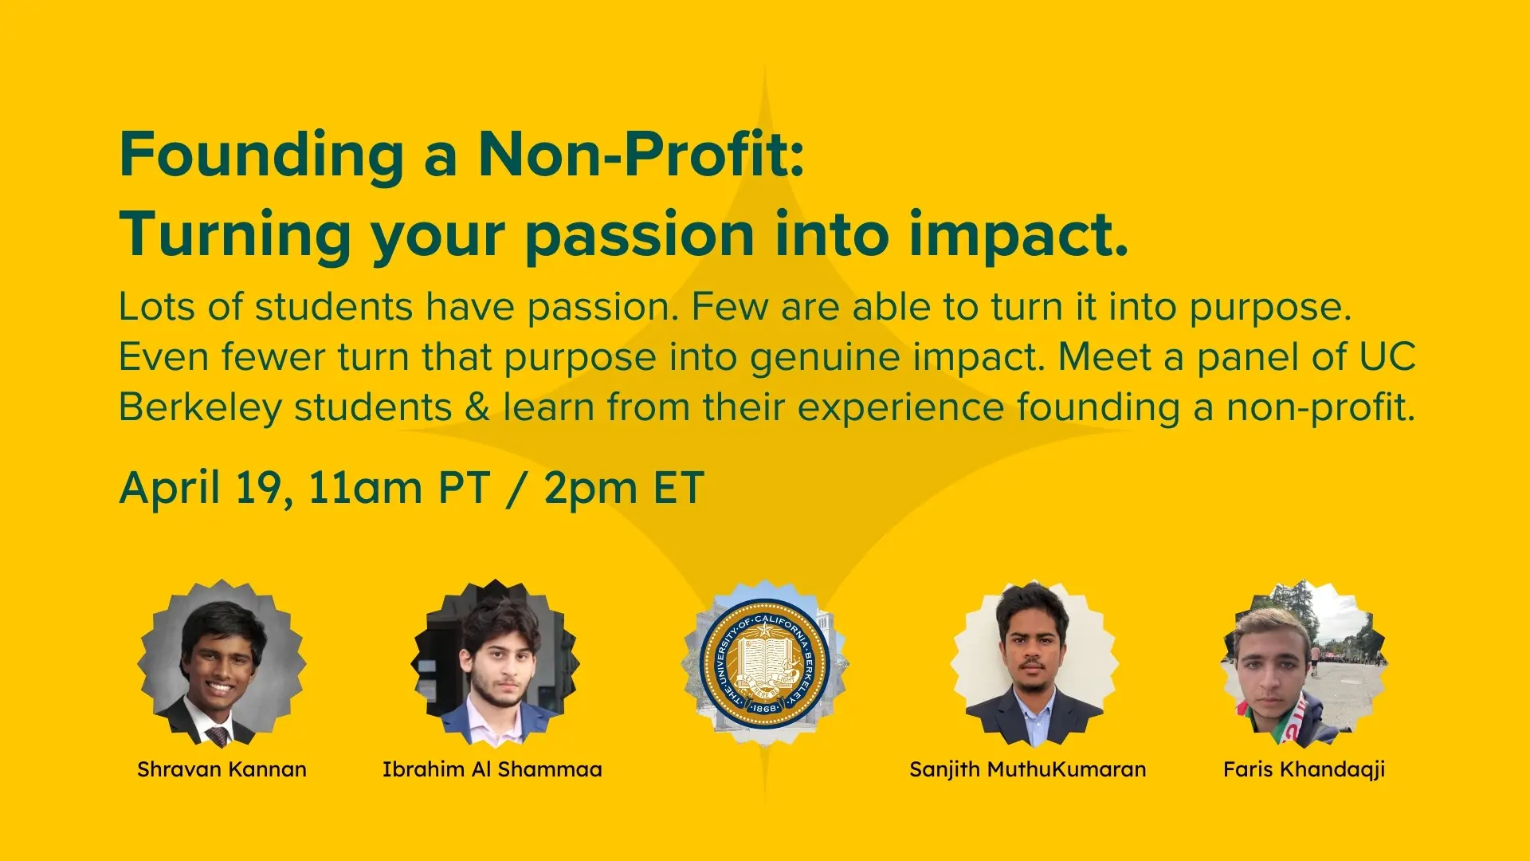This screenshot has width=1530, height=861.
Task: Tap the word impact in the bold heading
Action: (x=1019, y=235)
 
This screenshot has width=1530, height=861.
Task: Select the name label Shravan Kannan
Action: (x=222, y=769)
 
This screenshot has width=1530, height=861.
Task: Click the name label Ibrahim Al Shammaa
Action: (x=492, y=769)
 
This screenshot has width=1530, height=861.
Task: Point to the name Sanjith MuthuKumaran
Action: (x=1028, y=769)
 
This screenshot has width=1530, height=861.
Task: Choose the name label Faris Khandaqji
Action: (x=1304, y=769)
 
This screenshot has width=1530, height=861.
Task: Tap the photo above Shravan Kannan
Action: (x=222, y=663)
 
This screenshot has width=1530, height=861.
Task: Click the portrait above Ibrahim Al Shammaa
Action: (x=495, y=663)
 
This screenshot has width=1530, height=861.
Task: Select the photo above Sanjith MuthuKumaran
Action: (x=1034, y=663)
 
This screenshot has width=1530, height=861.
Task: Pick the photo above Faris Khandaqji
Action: (x=1304, y=663)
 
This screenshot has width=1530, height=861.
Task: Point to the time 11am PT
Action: (x=399, y=488)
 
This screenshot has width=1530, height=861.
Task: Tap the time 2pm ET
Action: (x=624, y=488)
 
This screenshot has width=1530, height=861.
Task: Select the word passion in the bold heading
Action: (x=640, y=237)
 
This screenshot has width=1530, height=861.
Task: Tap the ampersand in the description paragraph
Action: (x=477, y=407)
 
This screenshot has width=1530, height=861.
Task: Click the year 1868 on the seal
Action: (x=764, y=708)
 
